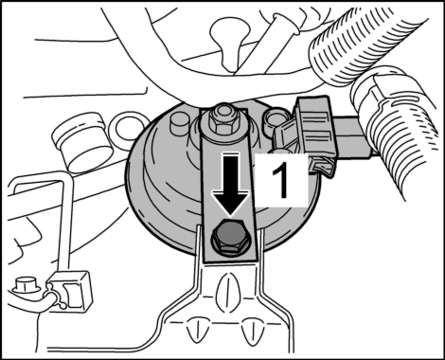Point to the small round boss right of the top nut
pos(274,119)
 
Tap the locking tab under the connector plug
pos(321,167)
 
